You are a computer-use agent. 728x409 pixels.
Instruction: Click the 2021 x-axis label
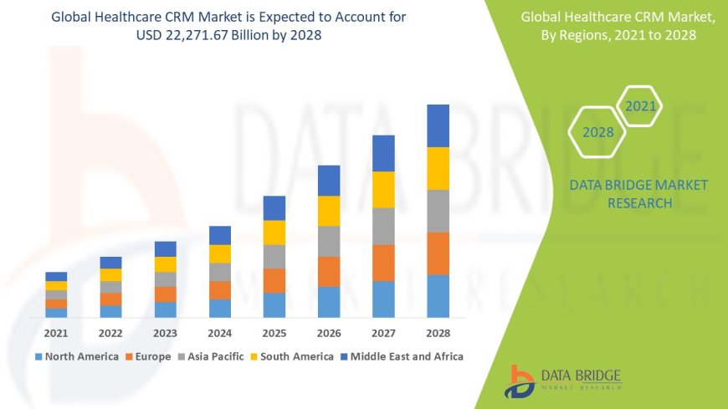[x=56, y=332]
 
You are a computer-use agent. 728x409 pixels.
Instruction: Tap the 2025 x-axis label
[x=274, y=332]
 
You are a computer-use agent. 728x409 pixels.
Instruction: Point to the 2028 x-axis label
[x=438, y=332]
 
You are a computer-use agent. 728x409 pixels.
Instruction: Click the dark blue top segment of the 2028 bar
[x=438, y=125]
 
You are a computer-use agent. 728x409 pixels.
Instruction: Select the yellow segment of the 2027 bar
[x=383, y=189]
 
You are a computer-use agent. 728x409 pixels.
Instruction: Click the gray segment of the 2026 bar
[x=329, y=241]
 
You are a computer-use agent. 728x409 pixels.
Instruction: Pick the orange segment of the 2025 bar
[x=274, y=280]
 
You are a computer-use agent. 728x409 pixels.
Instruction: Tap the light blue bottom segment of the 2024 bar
[x=220, y=309]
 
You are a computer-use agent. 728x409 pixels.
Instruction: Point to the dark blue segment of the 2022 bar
[x=110, y=263]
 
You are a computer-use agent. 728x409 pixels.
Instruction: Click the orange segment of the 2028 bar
[x=438, y=253]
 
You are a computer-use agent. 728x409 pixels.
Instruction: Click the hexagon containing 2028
[x=597, y=132]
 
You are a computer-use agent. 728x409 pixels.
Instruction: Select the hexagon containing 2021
[x=640, y=106]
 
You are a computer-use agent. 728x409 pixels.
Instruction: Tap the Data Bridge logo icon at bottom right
[x=520, y=381]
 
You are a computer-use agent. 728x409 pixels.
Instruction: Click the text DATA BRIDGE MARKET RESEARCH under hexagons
[x=638, y=194]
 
